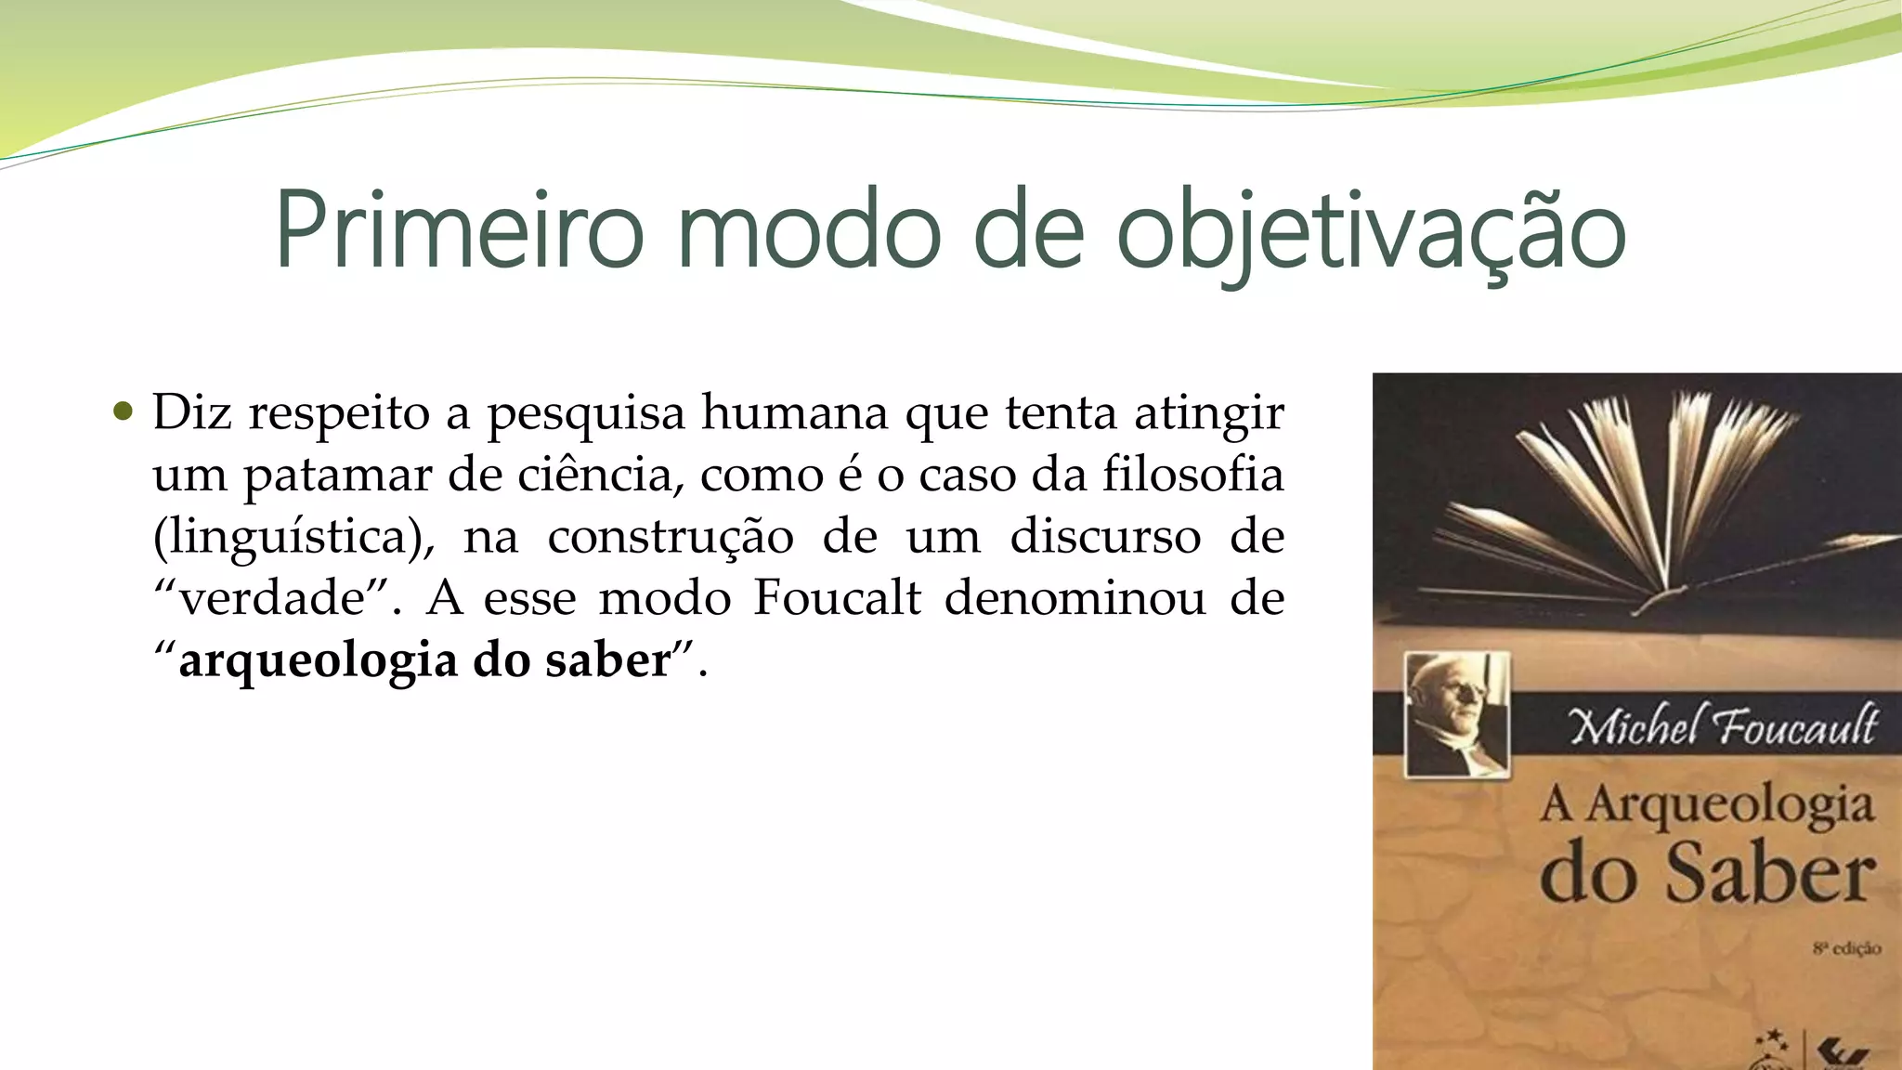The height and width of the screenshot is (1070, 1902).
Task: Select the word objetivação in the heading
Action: click(x=1371, y=232)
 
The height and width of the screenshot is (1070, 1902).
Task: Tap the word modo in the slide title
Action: click(x=809, y=230)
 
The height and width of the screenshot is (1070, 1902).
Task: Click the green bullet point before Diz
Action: click(x=123, y=411)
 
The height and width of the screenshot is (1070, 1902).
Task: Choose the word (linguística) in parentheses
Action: click(x=293, y=537)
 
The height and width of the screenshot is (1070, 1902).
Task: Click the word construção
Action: click(x=670, y=537)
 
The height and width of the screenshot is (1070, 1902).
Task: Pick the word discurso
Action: click(x=1105, y=536)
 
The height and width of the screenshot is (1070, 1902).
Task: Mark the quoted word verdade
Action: click(x=274, y=598)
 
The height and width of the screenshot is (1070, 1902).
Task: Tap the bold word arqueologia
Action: click(x=318, y=661)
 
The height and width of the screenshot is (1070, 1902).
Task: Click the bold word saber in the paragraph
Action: click(x=607, y=660)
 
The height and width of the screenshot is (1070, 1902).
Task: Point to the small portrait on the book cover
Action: click(x=1456, y=713)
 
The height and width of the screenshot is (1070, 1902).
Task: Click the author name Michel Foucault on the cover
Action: click(x=1724, y=726)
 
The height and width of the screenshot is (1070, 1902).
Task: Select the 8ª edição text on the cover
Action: click(x=1846, y=948)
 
